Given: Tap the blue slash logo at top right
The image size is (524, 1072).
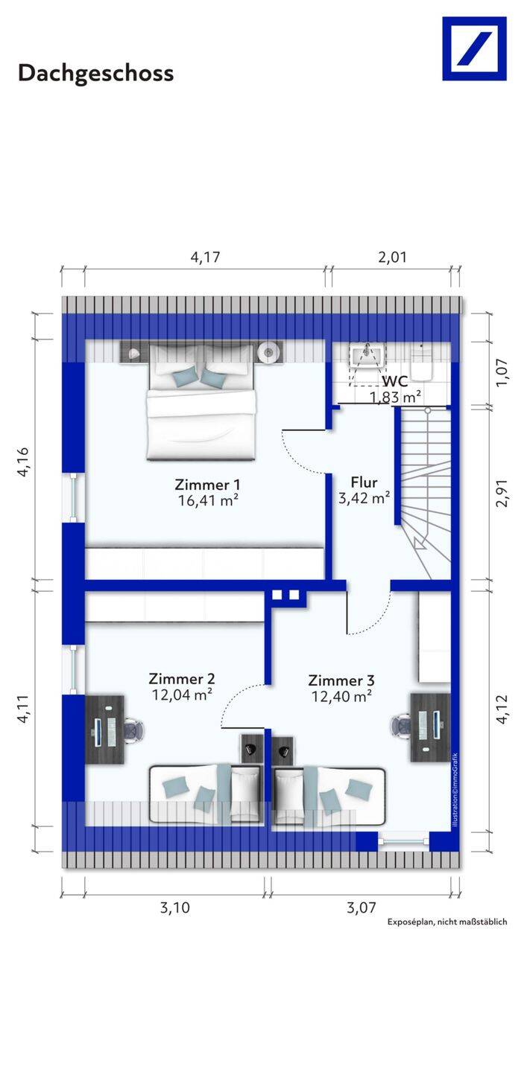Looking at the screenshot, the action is [474, 49].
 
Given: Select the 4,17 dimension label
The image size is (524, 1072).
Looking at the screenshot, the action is [206, 258].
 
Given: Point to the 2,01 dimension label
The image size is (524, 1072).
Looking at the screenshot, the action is [392, 258].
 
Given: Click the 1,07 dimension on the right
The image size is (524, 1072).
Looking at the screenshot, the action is [502, 373].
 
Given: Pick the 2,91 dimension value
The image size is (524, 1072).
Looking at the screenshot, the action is [502, 494].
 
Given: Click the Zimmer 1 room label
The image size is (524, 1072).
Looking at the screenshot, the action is [207, 485].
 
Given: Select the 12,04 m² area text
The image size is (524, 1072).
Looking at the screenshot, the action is [183, 695].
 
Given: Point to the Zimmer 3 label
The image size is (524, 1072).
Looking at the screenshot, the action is [341, 680].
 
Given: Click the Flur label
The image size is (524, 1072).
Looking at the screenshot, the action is [364, 482].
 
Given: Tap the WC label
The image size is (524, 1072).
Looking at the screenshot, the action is [396, 381].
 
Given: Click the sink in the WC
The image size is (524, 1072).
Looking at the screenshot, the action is [367, 356].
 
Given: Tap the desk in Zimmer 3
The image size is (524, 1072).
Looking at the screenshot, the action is [430, 727].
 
